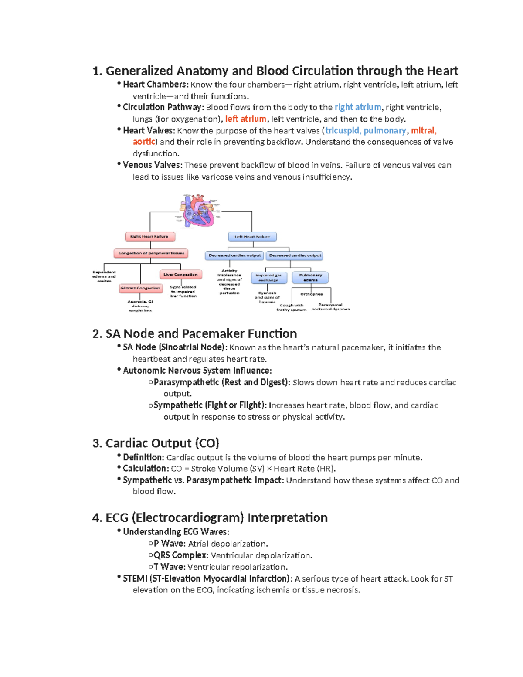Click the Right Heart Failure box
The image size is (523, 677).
pyautogui.click(x=149, y=236)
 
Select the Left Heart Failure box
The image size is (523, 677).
pyautogui.click(x=252, y=237)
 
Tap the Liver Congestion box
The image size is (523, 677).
pyautogui.click(x=180, y=275)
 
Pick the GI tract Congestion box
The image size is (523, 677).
pyautogui.click(x=140, y=288)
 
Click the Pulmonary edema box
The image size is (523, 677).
pyautogui.click(x=310, y=277)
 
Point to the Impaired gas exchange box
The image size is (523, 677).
pyautogui.click(x=268, y=277)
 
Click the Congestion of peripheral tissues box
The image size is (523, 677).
pyautogui.click(x=151, y=253)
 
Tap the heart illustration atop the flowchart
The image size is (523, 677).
pyautogui.click(x=199, y=210)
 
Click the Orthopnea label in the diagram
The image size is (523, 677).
pyautogui.click(x=311, y=294)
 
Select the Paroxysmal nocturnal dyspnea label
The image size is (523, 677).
pyautogui.click(x=330, y=307)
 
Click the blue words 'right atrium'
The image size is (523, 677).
pyautogui.click(x=357, y=107)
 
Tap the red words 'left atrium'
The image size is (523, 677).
pyautogui.click(x=245, y=119)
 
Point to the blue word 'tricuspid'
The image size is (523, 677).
pyautogui.click(x=342, y=130)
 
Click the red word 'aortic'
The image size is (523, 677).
pyautogui.click(x=143, y=142)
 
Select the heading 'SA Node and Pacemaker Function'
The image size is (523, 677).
pyautogui.click(x=194, y=333)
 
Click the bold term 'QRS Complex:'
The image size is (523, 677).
pyautogui.click(x=181, y=555)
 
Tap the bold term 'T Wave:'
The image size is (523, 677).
pyautogui.click(x=170, y=567)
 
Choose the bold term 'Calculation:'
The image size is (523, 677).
pyautogui.click(x=145, y=469)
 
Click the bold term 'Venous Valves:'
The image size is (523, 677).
pyautogui.click(x=152, y=165)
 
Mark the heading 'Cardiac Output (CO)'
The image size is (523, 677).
pyautogui.click(x=156, y=443)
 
